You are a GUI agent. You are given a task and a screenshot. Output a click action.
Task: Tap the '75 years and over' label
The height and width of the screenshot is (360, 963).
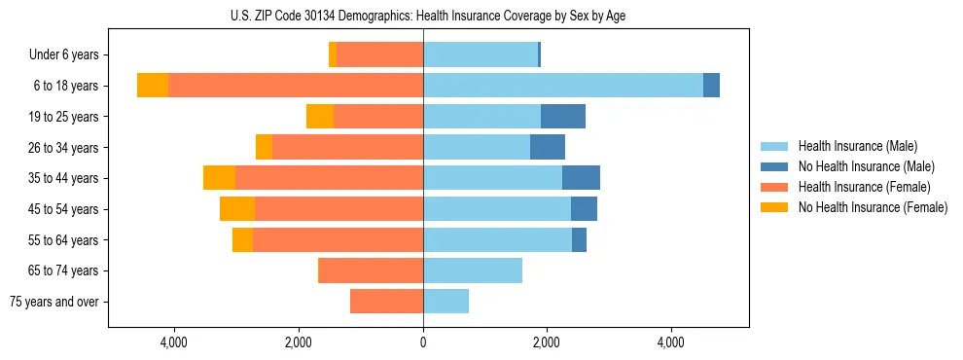pyautogui.click(x=53, y=302)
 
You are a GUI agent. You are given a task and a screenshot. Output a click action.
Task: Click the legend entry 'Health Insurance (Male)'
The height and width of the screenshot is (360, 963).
pyautogui.click(x=857, y=146)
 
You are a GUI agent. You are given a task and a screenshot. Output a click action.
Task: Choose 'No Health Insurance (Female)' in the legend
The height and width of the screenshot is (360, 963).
pyautogui.click(x=873, y=207)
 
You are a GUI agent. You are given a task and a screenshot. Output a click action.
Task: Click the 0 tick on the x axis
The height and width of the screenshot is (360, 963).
pyautogui.click(x=423, y=343)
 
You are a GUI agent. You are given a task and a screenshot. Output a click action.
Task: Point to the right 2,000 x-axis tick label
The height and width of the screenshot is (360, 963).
pyautogui.click(x=547, y=343)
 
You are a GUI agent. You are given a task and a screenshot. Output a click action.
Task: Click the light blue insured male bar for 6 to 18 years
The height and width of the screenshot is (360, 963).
pyautogui.click(x=562, y=86)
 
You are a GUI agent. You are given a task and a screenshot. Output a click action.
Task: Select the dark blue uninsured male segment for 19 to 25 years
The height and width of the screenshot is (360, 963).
pyautogui.click(x=563, y=117)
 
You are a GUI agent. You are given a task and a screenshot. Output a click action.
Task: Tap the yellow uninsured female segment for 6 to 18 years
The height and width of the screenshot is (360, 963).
pyautogui.click(x=153, y=86)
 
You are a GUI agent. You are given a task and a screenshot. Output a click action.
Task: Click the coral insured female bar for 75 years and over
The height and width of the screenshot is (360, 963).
pyautogui.click(x=386, y=302)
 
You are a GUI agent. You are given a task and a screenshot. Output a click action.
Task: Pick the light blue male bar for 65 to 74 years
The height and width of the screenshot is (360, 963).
pyautogui.click(x=473, y=270)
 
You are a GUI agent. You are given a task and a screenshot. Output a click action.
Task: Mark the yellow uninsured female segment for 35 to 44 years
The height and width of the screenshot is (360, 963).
pyautogui.click(x=219, y=178)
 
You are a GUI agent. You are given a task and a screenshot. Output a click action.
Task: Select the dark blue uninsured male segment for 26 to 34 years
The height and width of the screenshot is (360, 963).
pyautogui.click(x=548, y=148)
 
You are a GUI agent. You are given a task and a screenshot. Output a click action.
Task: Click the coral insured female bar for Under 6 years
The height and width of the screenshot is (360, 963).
pyautogui.click(x=379, y=55)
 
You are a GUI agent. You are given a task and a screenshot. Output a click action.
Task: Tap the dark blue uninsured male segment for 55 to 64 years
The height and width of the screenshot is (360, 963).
pyautogui.click(x=579, y=240)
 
